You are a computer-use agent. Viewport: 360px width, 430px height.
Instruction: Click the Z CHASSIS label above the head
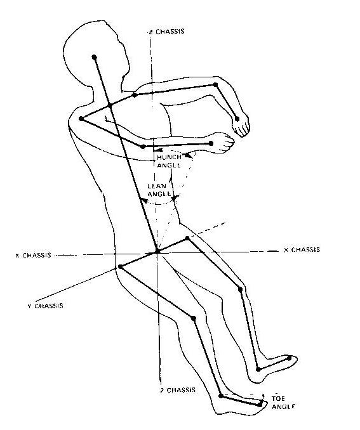point(166,32)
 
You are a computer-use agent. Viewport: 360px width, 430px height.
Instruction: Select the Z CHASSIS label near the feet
point(178,389)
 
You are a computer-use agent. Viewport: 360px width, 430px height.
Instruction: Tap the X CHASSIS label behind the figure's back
point(33,255)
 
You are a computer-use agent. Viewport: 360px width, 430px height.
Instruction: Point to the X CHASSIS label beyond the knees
point(302,249)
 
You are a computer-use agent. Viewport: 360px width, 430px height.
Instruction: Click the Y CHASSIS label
point(45,306)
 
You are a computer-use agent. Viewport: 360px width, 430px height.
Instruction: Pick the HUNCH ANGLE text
point(169,161)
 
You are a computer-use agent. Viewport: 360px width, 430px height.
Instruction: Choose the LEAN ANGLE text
point(159,190)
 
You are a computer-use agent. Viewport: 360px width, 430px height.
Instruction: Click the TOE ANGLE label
point(283,402)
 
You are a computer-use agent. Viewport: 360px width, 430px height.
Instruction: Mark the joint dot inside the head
point(94,57)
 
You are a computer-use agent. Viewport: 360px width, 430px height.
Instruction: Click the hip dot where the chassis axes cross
point(157,252)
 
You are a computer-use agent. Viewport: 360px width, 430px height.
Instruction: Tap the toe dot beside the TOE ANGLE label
point(260,405)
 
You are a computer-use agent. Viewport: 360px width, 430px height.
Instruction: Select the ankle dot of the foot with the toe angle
point(221,396)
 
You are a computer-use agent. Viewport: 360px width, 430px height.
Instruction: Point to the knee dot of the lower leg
point(193,318)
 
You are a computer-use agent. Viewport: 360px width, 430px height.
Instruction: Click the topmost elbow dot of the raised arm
point(216,85)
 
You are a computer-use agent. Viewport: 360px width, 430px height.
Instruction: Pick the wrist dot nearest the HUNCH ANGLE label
point(211,143)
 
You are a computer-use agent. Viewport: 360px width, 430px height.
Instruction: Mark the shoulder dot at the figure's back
point(81,119)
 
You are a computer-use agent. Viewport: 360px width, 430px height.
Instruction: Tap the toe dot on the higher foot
point(289,358)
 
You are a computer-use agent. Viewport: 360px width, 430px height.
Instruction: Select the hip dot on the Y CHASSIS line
point(120,266)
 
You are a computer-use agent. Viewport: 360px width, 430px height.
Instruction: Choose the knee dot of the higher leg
point(240,289)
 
